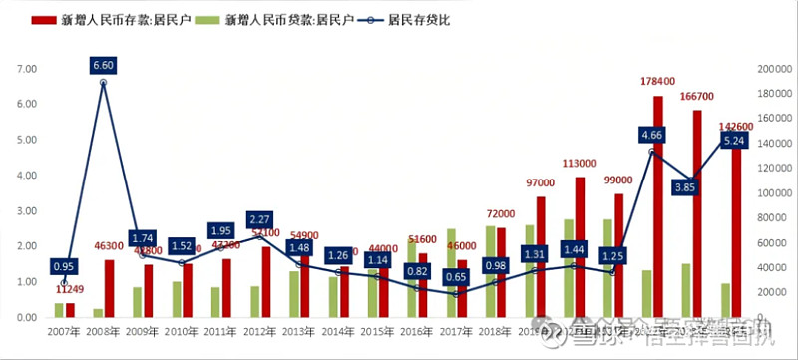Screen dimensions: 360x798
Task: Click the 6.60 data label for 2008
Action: point(104,66)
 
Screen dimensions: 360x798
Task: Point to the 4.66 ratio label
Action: point(651,135)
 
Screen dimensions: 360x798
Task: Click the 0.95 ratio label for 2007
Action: point(64,266)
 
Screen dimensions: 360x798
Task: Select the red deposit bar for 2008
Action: point(109,288)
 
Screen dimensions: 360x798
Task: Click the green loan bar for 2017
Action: point(451,273)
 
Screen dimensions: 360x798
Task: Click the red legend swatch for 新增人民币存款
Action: point(43,20)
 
